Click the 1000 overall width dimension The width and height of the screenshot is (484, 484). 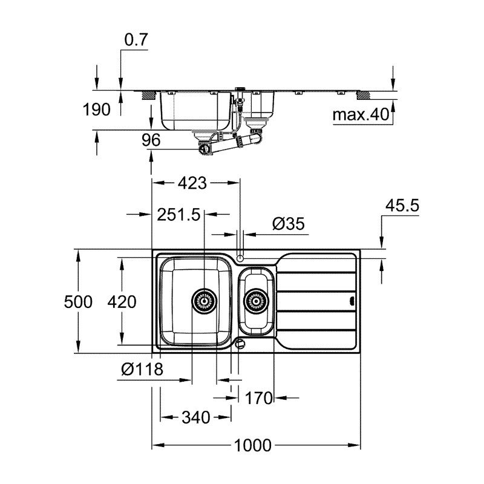coord(252,446)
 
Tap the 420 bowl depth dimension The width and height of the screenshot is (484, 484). coord(122,301)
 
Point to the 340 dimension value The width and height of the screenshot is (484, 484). coord(195,417)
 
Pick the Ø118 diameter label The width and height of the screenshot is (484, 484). coord(142,369)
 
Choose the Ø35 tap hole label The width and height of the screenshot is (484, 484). coord(288,224)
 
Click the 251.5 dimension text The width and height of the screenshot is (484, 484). coord(178,214)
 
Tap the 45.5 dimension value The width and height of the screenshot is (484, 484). coord(402,206)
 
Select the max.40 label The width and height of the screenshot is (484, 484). coord(362,115)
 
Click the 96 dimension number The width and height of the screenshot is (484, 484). coord(150,140)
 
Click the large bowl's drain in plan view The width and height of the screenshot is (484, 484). coord(204,300)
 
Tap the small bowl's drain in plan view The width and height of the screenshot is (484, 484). coord(257,300)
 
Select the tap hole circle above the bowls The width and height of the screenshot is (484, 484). coord(241,258)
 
